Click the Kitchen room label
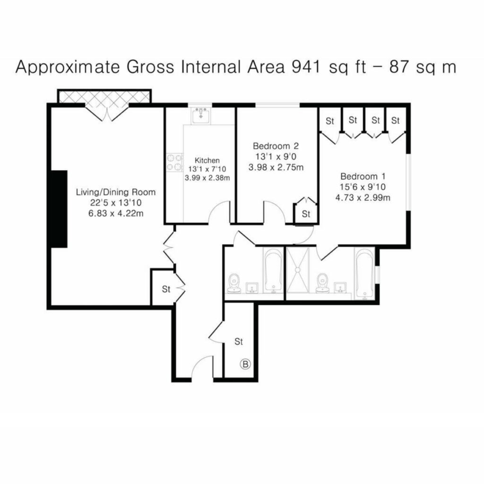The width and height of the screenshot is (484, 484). pyautogui.click(x=207, y=160)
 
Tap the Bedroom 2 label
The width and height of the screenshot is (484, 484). pyautogui.click(x=276, y=146)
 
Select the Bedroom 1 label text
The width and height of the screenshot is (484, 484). pyautogui.click(x=363, y=177)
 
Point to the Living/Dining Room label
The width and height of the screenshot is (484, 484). pyautogui.click(x=116, y=192)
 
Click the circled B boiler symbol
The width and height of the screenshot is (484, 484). pyautogui.click(x=245, y=364)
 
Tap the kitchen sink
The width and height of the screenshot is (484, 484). pyautogui.click(x=201, y=116)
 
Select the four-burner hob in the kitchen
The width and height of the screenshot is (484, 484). pyautogui.click(x=174, y=163)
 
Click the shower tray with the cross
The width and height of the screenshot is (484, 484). pyautogui.click(x=298, y=270)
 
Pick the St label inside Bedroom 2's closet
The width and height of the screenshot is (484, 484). pyautogui.click(x=306, y=214)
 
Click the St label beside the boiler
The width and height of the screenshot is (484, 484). pyautogui.click(x=239, y=341)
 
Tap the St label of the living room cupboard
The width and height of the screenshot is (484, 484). pyautogui.click(x=166, y=289)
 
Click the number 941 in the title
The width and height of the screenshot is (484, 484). pyautogui.click(x=307, y=67)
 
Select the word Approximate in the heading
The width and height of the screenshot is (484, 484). pyautogui.click(x=68, y=67)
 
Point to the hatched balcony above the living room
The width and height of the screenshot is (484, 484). pyautogui.click(x=104, y=96)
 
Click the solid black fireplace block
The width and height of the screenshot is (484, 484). pyautogui.click(x=59, y=208)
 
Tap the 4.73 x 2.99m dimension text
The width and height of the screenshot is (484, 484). pyautogui.click(x=363, y=198)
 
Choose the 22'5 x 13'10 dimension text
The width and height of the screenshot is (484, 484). pyautogui.click(x=116, y=203)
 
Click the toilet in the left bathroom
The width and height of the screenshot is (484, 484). pyautogui.click(x=234, y=283)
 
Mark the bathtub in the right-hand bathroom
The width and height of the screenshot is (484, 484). pyautogui.click(x=365, y=274)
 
